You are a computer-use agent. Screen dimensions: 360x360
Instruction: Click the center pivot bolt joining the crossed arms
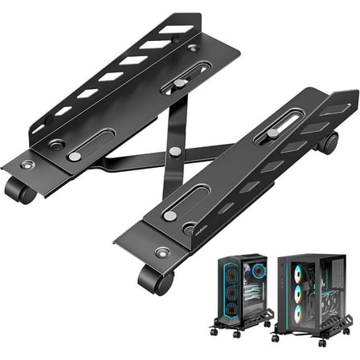click(x=174, y=150)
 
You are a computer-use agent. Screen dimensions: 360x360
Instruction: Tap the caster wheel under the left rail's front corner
click(x=20, y=191)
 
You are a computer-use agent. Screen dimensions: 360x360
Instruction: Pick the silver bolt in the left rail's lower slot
click(x=75, y=156)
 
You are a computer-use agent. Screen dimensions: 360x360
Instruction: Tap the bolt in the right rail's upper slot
click(x=274, y=132)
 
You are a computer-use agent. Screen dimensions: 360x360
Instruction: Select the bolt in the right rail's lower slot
click(x=170, y=215)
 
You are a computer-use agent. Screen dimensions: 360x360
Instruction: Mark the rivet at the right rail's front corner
click(x=163, y=252)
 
